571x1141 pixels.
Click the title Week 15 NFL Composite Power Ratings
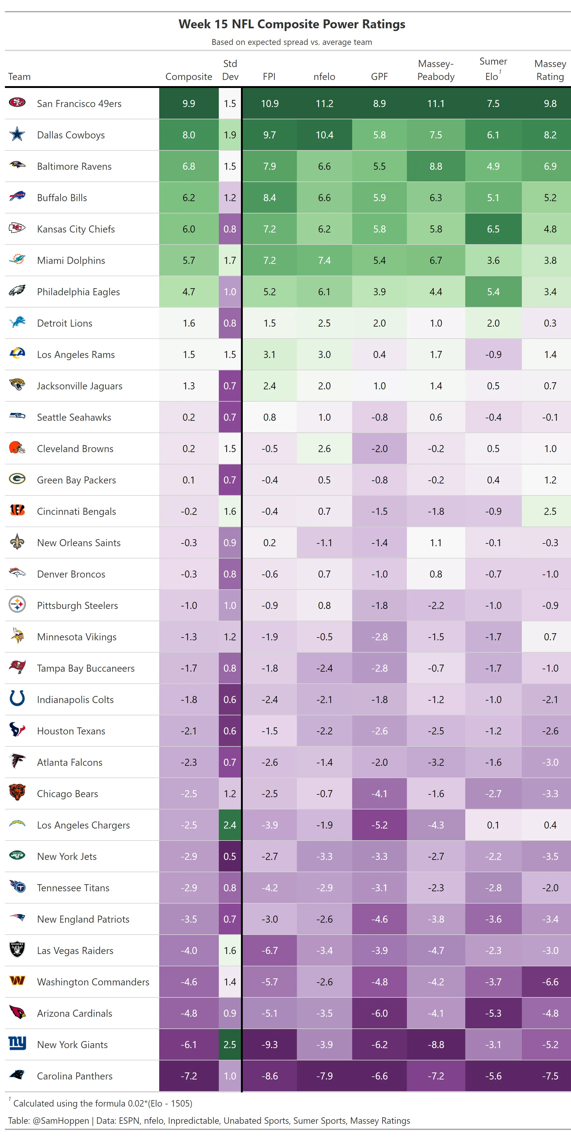pos(292,24)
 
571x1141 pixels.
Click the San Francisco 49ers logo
pos(17,103)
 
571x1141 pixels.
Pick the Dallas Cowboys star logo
pos(17,134)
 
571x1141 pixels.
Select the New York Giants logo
pos(17,1043)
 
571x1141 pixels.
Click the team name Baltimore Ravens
pos(74,167)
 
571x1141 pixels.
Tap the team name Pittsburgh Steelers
pos(77,606)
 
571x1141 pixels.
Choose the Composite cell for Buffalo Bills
pos(189,197)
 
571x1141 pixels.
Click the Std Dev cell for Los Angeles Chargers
pos(230,825)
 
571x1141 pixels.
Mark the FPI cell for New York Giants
pos(269,1044)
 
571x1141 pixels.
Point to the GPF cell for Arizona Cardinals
pos(379,1013)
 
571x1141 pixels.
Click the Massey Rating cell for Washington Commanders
pos(550,982)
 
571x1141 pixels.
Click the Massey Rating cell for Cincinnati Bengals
pos(550,511)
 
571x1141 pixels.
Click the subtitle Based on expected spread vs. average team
pos(292,42)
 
